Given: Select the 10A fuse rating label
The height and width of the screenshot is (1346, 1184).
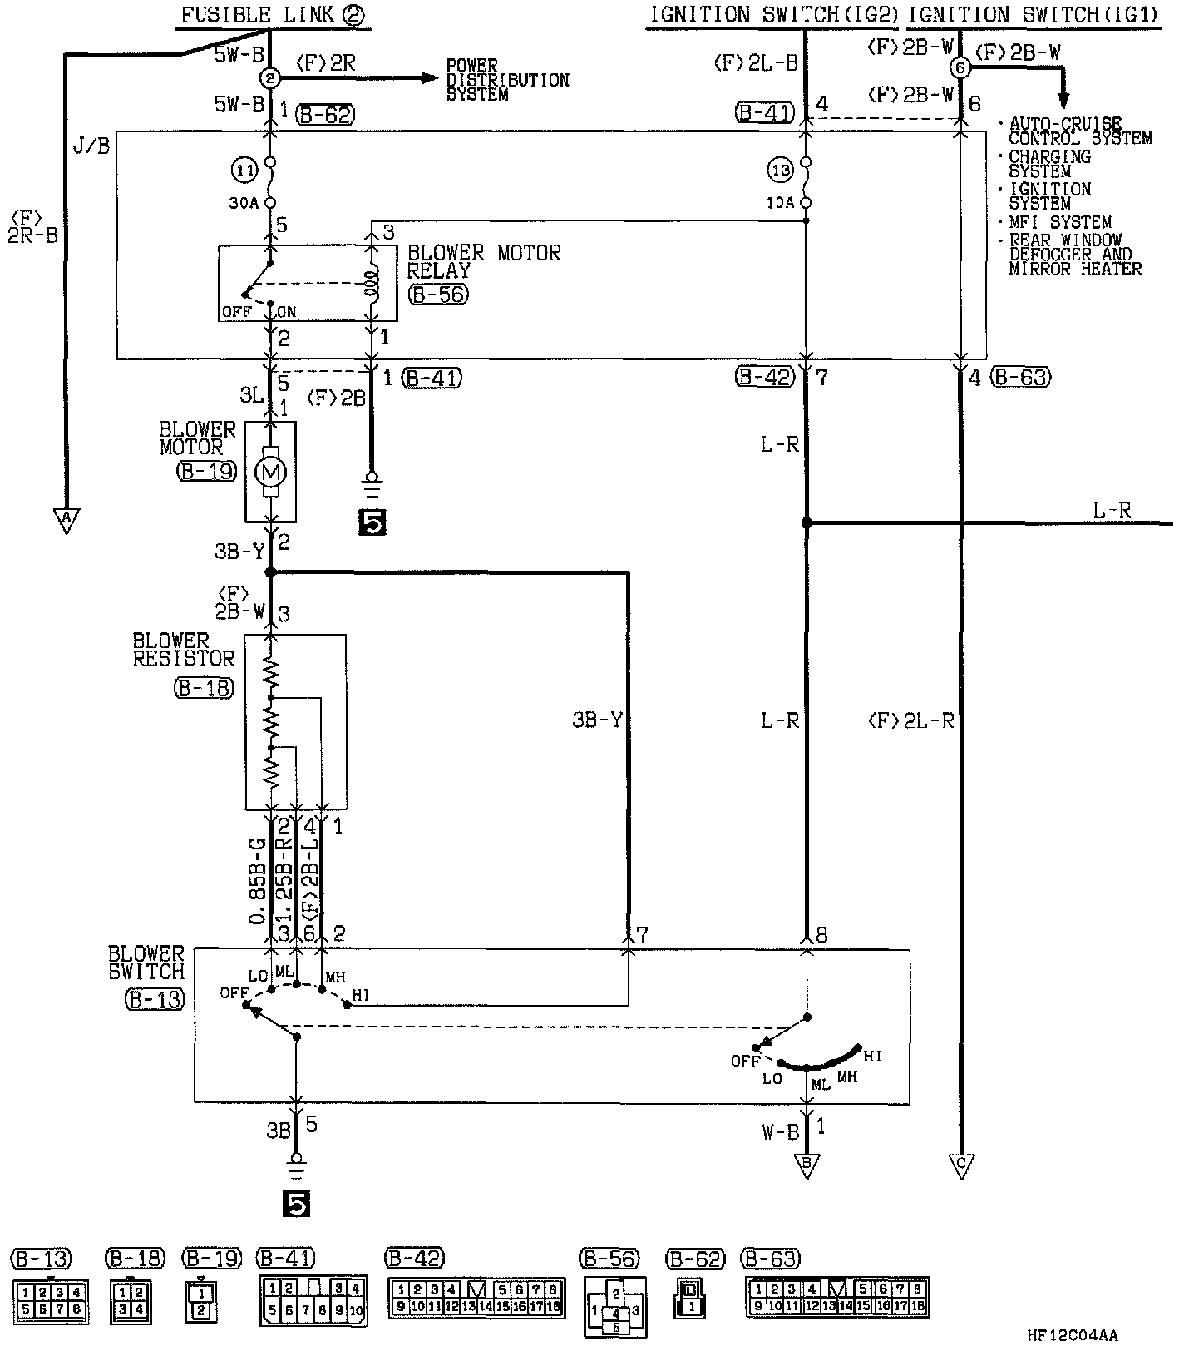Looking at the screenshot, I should (x=781, y=203).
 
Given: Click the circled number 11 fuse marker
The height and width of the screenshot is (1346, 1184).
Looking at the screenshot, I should (x=244, y=171).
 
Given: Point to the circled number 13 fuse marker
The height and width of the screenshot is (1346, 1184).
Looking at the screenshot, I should (x=781, y=171).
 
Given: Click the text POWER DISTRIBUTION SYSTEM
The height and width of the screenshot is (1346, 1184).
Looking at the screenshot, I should (x=507, y=80).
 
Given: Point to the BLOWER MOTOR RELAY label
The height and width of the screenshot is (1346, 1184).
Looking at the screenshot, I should (x=483, y=261).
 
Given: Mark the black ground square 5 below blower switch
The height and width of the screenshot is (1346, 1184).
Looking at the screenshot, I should (x=296, y=1203).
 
